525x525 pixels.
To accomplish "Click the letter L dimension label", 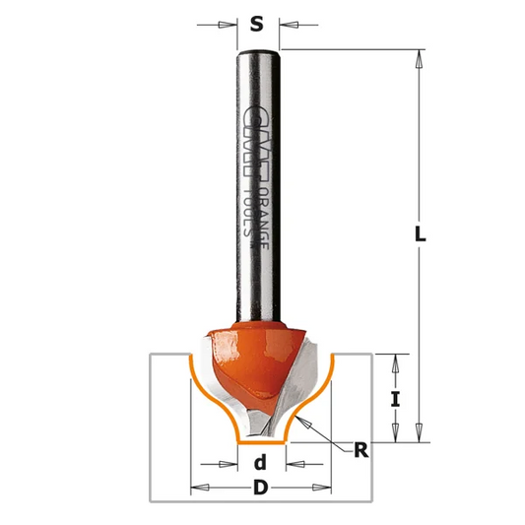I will pyautogui.click(x=420, y=235).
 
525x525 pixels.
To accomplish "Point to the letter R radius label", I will pyautogui.click(x=361, y=451).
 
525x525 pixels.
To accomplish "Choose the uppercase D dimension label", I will pyautogui.click(x=261, y=486).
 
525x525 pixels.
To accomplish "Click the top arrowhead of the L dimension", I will pyautogui.click(x=420, y=56).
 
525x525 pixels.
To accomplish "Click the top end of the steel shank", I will pyautogui.click(x=258, y=49).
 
